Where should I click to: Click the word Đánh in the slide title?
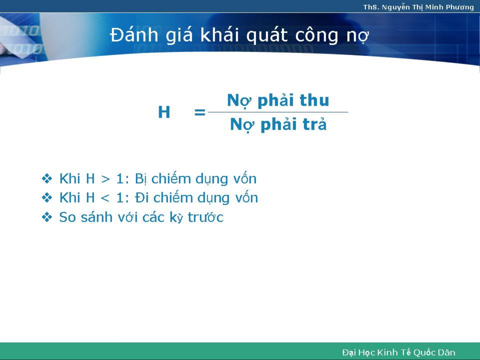[x=134, y=35]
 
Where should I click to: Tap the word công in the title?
[x=317, y=36]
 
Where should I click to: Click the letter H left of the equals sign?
[x=164, y=112]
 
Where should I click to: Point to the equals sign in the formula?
[x=200, y=112]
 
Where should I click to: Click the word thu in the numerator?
[x=314, y=100]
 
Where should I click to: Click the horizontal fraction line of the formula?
[x=278, y=112]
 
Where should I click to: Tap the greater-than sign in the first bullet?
[x=105, y=179]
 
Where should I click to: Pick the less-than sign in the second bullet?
[x=105, y=198]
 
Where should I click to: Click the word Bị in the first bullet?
[x=140, y=179]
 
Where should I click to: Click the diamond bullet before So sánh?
[x=47, y=217]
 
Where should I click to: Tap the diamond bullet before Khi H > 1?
[x=47, y=179]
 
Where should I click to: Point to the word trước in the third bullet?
[x=206, y=217]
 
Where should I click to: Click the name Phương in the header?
[x=460, y=8]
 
